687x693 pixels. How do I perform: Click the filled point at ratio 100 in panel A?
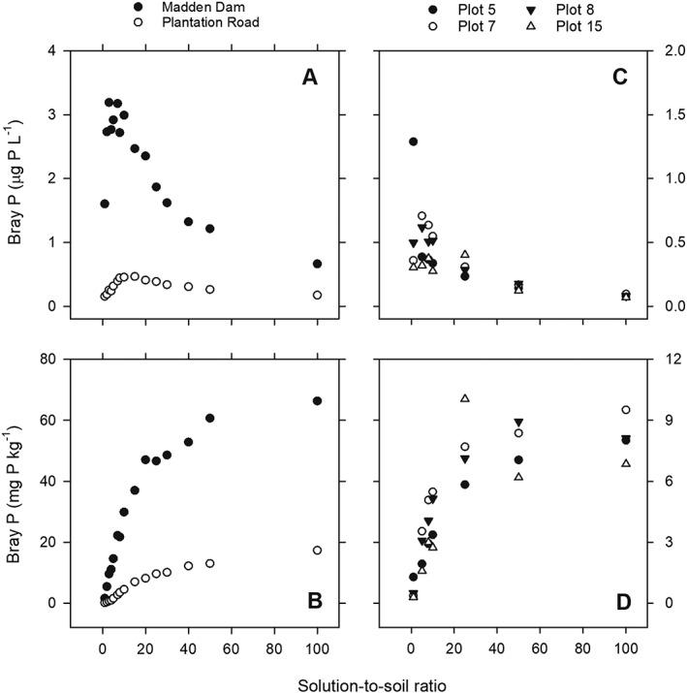(317, 264)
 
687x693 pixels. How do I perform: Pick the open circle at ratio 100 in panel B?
(317, 551)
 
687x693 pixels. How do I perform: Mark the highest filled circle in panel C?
(414, 142)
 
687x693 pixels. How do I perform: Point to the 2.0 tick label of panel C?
(659, 50)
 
